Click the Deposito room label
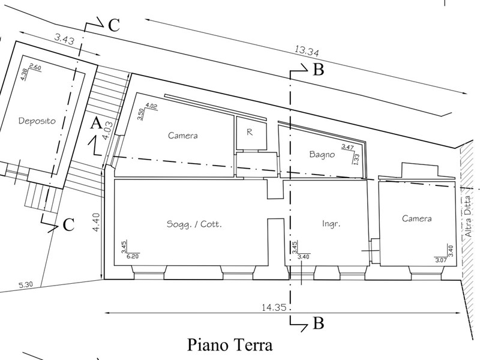(x=37, y=121)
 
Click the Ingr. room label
(x=331, y=224)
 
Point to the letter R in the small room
(x=248, y=134)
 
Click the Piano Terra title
(x=230, y=346)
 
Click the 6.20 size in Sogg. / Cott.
(x=131, y=256)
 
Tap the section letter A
(x=95, y=124)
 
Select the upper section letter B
(x=319, y=71)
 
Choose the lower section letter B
(x=319, y=324)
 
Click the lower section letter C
(x=68, y=225)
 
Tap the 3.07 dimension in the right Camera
(x=442, y=260)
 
